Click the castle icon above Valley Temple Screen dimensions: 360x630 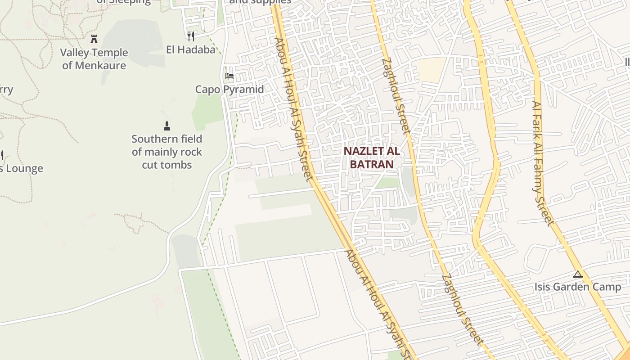pos(94,39)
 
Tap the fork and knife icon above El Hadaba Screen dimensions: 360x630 pos(191,36)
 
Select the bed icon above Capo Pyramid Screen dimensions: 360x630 pos(229,76)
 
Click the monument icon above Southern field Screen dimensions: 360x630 pos(167,126)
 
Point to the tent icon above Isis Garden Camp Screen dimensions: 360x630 pos(578,274)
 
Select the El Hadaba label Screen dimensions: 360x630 pos(191,49)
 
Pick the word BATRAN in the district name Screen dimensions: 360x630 pos(372,164)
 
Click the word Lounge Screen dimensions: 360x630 pos(22,169)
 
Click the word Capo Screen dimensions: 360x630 pos(207,90)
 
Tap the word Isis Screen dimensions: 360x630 pos(543,287)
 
